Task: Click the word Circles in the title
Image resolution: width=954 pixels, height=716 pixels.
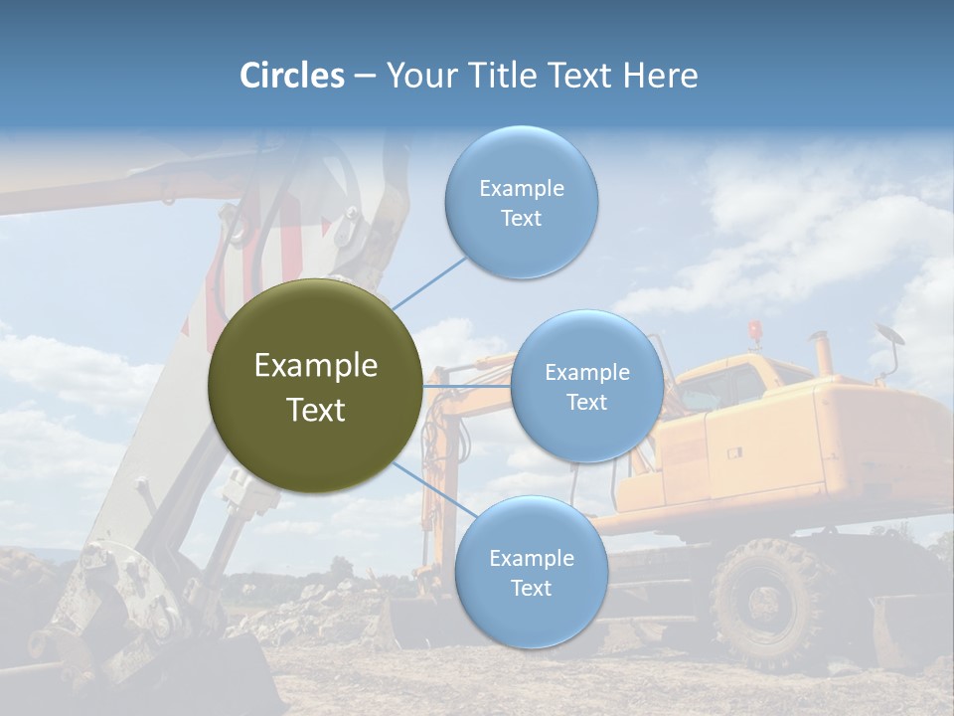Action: click(x=292, y=76)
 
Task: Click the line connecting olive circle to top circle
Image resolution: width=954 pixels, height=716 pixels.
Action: click(x=429, y=282)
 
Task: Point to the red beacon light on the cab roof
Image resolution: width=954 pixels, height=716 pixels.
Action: click(x=755, y=329)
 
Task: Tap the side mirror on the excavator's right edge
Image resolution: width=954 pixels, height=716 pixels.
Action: click(x=889, y=335)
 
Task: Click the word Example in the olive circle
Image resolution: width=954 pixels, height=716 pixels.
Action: click(x=315, y=366)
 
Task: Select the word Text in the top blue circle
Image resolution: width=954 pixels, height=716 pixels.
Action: click(x=521, y=219)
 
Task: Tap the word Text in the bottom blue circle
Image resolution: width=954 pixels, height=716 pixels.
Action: click(x=531, y=589)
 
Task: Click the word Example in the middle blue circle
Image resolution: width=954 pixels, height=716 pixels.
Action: click(x=586, y=373)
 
